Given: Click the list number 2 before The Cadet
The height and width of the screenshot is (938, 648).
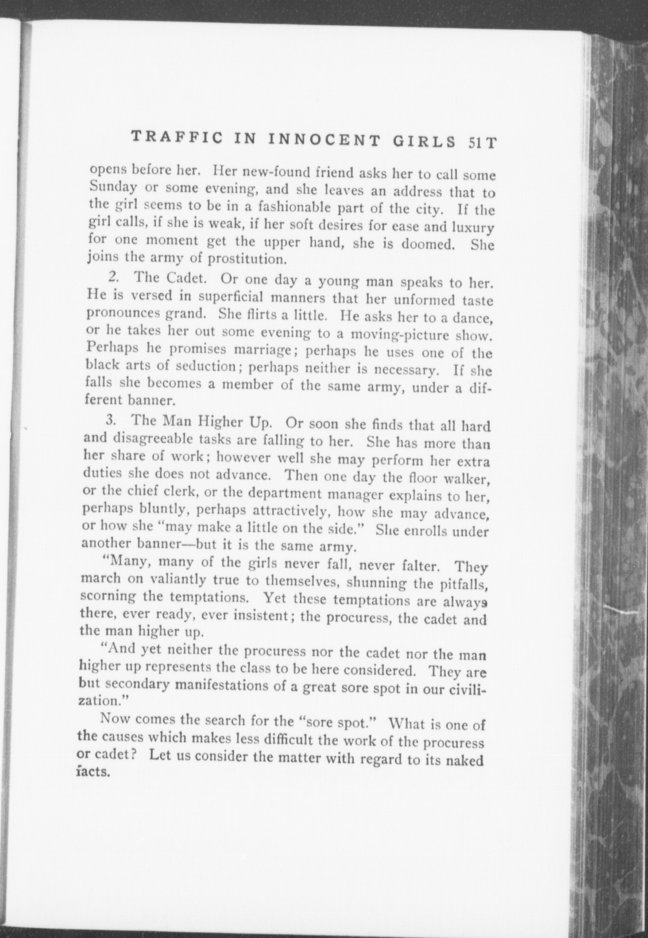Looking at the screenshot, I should (x=112, y=277).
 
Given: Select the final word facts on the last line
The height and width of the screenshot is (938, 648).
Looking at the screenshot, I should (x=94, y=772).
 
